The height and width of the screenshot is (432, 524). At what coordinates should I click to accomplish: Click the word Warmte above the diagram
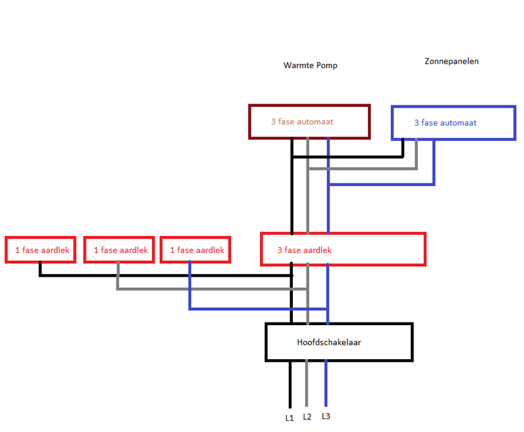tap(297, 66)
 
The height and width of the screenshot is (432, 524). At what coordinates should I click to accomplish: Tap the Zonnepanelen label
tap(451, 61)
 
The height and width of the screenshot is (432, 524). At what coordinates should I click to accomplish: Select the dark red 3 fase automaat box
tap(310, 121)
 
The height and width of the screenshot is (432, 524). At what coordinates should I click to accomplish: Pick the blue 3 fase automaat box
tap(453, 123)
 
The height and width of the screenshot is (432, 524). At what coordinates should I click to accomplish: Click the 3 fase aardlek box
tap(343, 249)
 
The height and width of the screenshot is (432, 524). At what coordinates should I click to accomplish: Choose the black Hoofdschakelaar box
tap(339, 342)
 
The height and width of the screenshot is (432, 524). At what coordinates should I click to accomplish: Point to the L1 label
tap(290, 418)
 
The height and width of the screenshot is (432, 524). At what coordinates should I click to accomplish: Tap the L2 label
tap(308, 416)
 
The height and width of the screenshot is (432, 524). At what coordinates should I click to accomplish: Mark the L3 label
tap(327, 416)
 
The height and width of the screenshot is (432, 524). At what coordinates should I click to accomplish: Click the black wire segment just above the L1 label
tap(290, 387)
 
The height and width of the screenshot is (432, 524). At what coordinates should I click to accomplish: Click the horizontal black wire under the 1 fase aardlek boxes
tap(164, 275)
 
